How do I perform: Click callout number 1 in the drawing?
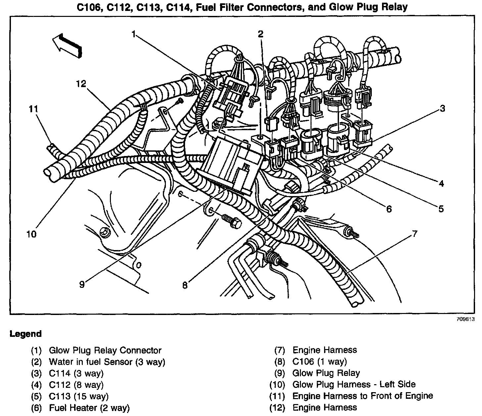pos(134,34)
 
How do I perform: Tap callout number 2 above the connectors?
pos(261,34)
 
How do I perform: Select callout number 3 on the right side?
pos(442,108)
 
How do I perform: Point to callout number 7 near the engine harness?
pos(414,234)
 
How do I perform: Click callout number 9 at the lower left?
pos(82,284)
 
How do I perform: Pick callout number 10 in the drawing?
pos(31,234)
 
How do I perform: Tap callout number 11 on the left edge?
pos(33,109)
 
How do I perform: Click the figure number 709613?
pos(465,320)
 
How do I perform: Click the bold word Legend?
pos(26,334)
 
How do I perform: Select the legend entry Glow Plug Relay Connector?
pos(105,350)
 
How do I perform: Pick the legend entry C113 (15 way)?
pos(78,396)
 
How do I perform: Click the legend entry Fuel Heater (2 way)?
pos(89,408)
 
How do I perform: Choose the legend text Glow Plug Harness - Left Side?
pos(354,385)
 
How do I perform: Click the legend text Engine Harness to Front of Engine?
pos(362,396)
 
